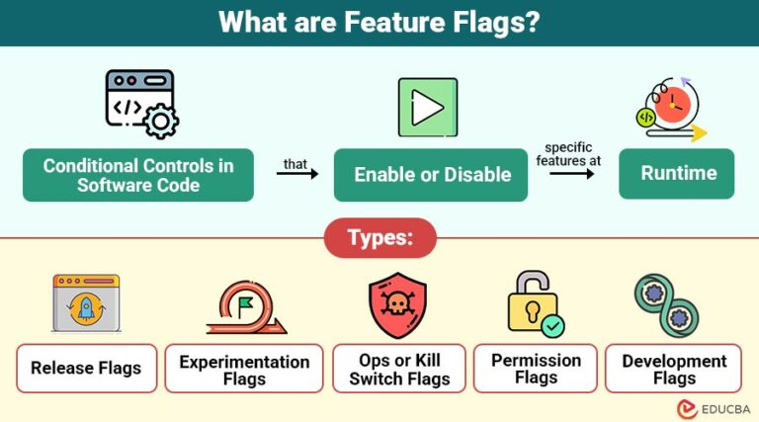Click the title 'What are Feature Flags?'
379,22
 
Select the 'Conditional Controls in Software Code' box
138,175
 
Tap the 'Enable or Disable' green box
431,175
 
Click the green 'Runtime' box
677,173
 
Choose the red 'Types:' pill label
379,238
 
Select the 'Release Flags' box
86,369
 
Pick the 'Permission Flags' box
536,369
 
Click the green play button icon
427,107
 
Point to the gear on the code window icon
159,122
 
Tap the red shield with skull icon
397,305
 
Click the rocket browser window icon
86,303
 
